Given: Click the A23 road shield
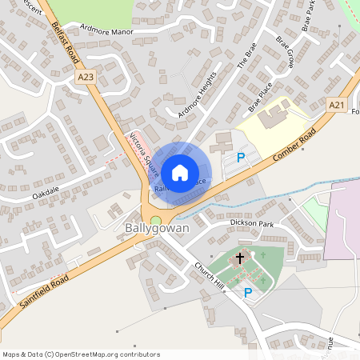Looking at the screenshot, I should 86,77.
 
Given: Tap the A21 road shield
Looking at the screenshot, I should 337,105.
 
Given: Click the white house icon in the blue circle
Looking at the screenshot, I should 180,171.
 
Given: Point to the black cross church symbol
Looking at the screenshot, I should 239,259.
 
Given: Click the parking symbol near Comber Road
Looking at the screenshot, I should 240,158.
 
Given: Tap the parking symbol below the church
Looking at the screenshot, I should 248,293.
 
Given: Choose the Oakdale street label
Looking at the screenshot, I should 46,194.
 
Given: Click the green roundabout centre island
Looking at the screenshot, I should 155,220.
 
